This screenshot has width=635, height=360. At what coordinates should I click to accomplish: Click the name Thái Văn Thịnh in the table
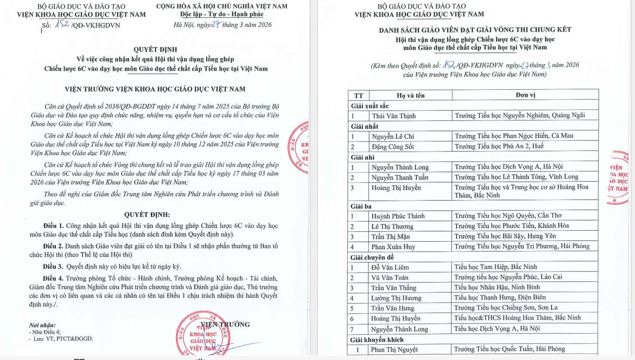[x=393, y=116]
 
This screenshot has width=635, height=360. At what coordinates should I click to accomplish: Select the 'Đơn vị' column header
[x=525, y=95]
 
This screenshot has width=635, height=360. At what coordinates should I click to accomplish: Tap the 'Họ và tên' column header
[x=410, y=96]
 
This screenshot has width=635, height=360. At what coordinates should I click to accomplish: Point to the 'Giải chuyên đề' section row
[x=373, y=257]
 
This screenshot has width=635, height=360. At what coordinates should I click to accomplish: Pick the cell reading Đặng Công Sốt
[x=392, y=146]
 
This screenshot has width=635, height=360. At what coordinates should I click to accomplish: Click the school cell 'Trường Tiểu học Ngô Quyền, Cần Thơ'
[x=508, y=216]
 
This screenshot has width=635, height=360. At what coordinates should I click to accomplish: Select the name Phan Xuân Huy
[x=393, y=247]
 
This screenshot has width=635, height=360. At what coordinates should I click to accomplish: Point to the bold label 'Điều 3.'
[x=53, y=267]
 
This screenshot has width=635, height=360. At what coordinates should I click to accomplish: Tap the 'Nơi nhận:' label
[x=42, y=325]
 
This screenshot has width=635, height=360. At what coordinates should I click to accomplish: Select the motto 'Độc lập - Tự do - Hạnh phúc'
[x=222, y=14]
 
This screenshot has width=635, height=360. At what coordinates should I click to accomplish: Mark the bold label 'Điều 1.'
[x=53, y=226]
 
